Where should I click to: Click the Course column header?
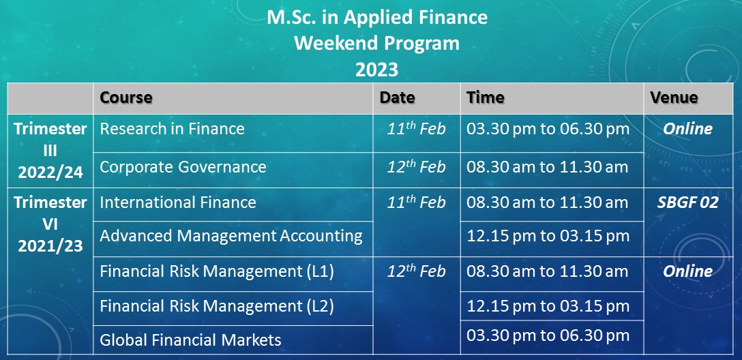[126, 97]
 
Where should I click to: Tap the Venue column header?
[674, 97]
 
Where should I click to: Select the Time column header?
[485, 97]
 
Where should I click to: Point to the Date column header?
[397, 97]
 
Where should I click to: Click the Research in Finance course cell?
[173, 129]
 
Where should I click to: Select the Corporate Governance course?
[183, 167]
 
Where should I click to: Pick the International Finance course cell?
[178, 202]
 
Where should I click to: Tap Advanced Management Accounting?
[231, 236]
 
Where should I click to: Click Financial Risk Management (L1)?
[217, 271]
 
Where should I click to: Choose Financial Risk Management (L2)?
[217, 307]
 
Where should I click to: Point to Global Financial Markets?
[191, 340]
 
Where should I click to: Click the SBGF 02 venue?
[687, 202]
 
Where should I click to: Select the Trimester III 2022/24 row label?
[50, 151]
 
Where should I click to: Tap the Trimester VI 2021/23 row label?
[50, 224]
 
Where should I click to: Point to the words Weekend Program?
[376, 44]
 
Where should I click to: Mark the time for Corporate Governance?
[548, 167]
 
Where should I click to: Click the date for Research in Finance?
[417, 128]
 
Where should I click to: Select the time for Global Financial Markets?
[548, 335]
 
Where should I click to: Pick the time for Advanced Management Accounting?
[548, 236]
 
